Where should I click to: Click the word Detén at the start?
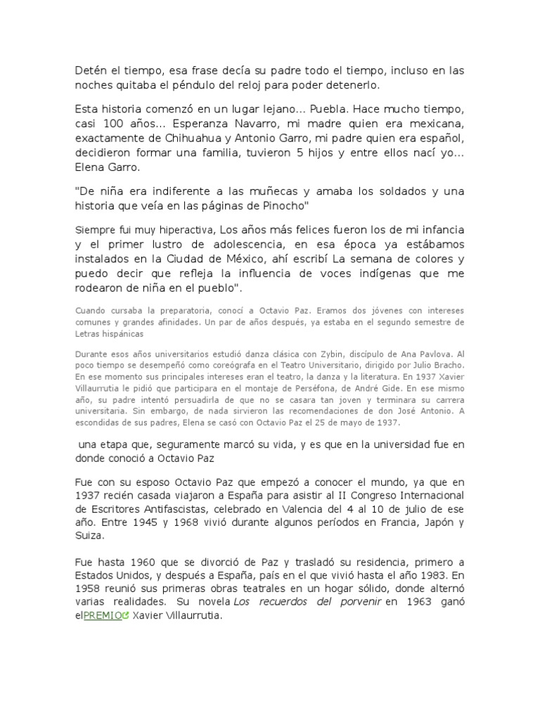90,71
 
